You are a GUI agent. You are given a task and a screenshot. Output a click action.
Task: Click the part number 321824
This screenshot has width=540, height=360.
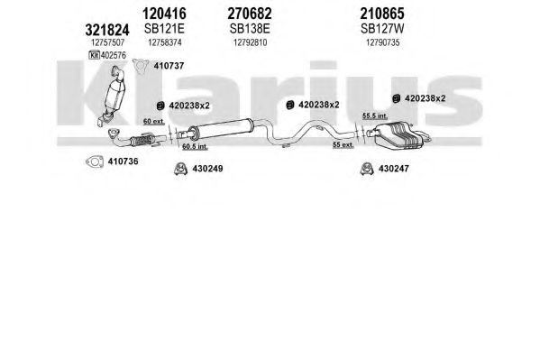[107, 30]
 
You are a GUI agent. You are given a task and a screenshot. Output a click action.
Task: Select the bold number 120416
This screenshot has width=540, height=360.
[164, 14]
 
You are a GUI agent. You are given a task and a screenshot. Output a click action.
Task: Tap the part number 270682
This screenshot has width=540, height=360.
[250, 14]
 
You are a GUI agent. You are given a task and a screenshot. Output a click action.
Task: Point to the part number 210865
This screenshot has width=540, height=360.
[382, 14]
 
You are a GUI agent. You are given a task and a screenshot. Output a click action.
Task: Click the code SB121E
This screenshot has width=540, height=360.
[164, 29]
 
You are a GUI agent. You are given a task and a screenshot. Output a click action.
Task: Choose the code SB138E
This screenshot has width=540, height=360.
[250, 29]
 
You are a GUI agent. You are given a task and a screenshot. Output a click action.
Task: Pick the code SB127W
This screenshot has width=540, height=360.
[382, 29]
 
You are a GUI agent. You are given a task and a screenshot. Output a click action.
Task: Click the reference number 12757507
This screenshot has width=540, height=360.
[107, 42]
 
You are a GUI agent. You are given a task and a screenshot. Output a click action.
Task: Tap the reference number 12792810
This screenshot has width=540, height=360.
[250, 42]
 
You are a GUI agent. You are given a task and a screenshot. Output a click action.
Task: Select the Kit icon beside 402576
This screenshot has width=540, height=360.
[94, 55]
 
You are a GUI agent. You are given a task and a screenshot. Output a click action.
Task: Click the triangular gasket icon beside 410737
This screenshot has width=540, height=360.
[141, 66]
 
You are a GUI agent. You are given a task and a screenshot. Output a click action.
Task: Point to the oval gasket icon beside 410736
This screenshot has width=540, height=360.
[95, 162]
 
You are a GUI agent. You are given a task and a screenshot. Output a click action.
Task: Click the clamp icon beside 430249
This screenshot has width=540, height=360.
[180, 169]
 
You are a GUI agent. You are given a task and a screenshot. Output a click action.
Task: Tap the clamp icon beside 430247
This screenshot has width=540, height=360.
[367, 169]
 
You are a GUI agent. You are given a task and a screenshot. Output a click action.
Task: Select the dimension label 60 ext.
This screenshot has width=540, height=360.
[153, 122]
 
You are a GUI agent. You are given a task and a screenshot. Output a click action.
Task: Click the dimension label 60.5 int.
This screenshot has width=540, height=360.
[195, 146]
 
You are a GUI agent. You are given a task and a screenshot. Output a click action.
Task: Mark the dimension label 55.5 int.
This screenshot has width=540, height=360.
[375, 116]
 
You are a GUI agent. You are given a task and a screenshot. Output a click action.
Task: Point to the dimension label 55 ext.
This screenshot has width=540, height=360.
[343, 145]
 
